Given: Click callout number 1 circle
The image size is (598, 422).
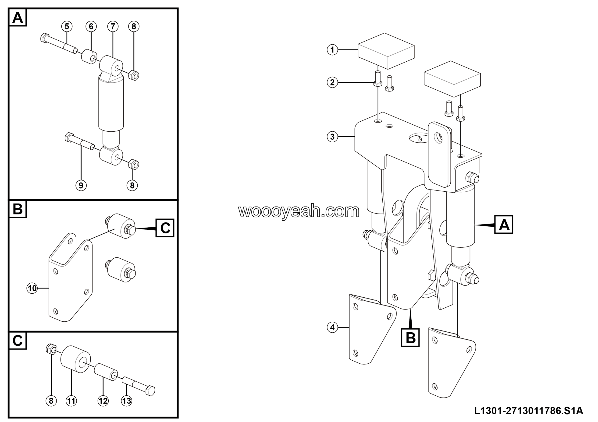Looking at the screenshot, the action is tap(332, 49).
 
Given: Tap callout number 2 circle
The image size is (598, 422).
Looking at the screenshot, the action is tap(332, 82).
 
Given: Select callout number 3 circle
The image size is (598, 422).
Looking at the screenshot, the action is tap(332, 137).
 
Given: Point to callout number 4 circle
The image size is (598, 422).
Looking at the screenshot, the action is tap(332, 327).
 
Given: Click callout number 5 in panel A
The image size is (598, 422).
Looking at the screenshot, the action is tap(67, 26).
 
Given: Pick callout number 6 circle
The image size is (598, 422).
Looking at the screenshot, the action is tap(91, 26).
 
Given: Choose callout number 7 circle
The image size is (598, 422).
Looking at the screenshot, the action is tap(113, 26).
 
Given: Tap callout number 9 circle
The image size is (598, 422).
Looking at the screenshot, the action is tap(81, 186).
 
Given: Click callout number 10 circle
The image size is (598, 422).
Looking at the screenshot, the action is tap(32, 288).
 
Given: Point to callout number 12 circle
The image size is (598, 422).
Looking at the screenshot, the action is tap(103, 401).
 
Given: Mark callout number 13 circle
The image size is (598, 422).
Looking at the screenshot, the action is tap(127, 401).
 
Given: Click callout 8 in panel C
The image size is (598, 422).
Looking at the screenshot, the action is tap(51, 401).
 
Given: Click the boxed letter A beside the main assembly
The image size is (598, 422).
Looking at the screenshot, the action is tap(504, 225).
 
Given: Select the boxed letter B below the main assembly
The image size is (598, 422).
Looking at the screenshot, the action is tap(410, 338).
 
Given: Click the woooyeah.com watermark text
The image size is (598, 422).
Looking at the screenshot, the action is tap(299, 211).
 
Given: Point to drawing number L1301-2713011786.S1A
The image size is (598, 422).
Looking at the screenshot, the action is tap(528, 411).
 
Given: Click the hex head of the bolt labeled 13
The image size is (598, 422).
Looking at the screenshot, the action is tap(150, 391).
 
